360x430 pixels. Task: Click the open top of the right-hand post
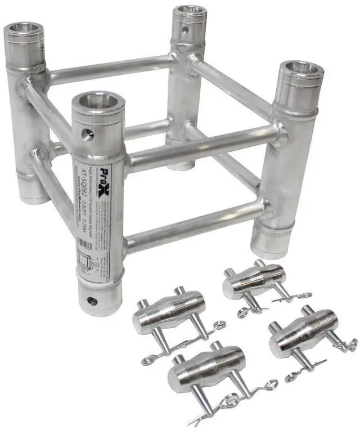[x=301, y=70]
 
